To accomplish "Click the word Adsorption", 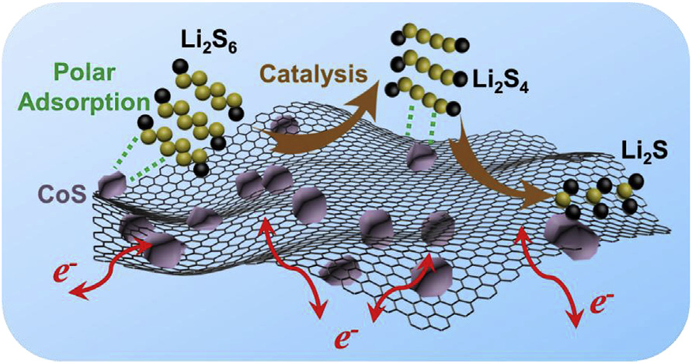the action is (x=86, y=103).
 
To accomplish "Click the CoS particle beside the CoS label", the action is (x=112, y=185).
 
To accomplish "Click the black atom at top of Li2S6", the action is (x=179, y=67).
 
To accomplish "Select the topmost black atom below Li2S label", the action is (x=635, y=180).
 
